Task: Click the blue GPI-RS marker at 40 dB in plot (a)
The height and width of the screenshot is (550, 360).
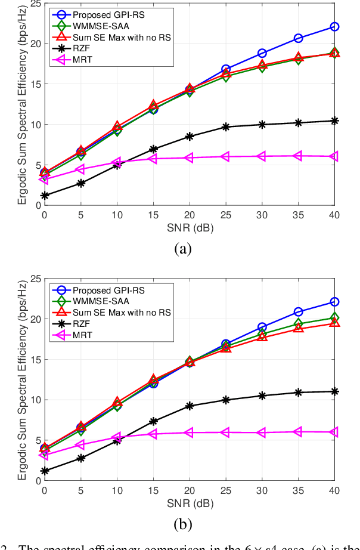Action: coord(334,27)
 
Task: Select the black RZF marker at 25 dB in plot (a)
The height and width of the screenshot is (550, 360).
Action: coord(226,127)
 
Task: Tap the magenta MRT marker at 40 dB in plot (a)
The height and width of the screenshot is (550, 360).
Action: coord(334,156)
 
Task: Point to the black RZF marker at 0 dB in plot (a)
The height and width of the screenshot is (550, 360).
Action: coord(44,196)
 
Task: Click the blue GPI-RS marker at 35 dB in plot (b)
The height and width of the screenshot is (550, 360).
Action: coord(298,312)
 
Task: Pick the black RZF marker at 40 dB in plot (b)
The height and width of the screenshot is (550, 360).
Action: coord(334,391)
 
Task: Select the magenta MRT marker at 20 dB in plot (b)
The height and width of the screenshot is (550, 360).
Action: coord(190,432)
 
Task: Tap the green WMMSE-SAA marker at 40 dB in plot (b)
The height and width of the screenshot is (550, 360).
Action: coord(334,318)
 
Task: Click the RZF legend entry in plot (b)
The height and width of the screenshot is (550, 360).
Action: coord(83,324)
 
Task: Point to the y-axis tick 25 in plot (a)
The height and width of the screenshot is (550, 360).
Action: coord(37,4)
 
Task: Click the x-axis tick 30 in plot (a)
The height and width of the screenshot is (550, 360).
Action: coord(262,214)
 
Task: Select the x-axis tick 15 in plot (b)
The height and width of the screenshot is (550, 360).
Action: coord(153,490)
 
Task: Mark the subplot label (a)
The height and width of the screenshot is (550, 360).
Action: coord(182,249)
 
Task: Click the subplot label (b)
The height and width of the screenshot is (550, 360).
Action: coord(182,524)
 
